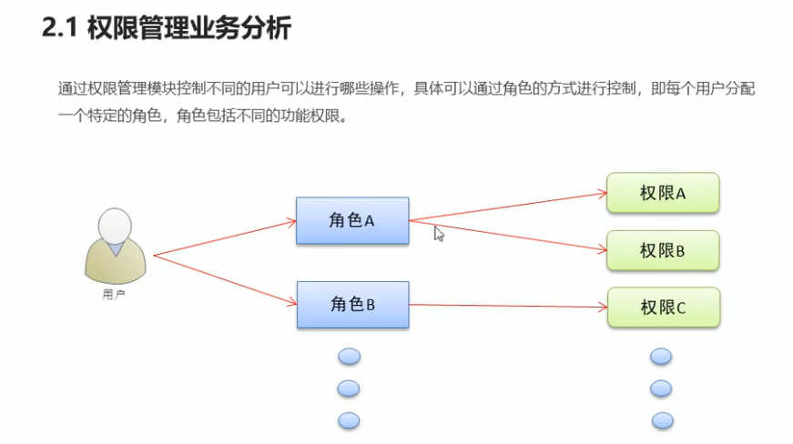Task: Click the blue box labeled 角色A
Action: tap(351, 220)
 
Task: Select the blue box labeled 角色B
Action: tap(351, 305)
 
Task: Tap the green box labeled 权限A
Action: tap(663, 193)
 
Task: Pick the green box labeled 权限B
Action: tap(663, 250)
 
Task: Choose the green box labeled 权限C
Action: tap(663, 308)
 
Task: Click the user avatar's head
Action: tap(114, 225)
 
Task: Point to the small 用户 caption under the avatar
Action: tap(114, 295)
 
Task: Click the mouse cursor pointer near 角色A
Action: tap(438, 233)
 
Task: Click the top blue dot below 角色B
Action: tap(349, 357)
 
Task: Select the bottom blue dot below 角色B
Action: tap(349, 419)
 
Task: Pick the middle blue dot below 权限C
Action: tap(661, 388)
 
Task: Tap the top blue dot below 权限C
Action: tap(661, 357)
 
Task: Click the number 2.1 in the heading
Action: tap(60, 29)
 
